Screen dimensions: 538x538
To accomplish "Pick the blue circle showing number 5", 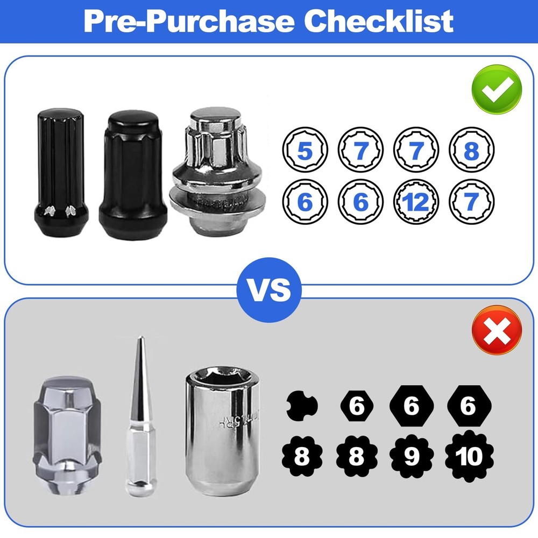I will pyautogui.click(x=305, y=151).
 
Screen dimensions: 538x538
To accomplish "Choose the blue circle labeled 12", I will pyautogui.click(x=415, y=203).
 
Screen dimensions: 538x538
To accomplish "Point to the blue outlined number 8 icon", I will pyautogui.click(x=471, y=151).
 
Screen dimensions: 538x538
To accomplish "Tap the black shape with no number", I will pyautogui.click(x=301, y=406).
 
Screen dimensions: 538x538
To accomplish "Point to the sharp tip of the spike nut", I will pyautogui.click(x=140, y=340).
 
